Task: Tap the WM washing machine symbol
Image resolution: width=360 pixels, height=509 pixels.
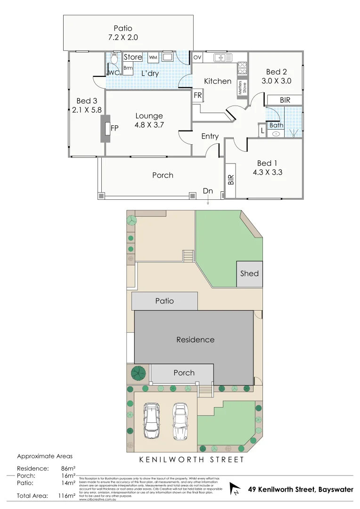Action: coord(153,57)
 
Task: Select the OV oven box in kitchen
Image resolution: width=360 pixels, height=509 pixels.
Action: coord(197,57)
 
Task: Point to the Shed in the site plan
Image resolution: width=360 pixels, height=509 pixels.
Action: coord(249,273)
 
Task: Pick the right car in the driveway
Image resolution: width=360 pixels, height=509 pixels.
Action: coord(180,420)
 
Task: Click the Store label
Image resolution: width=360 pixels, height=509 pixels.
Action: coord(133,57)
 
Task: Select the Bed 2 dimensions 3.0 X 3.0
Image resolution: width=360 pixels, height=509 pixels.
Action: coord(276,81)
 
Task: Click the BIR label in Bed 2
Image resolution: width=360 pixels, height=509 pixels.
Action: coord(285,100)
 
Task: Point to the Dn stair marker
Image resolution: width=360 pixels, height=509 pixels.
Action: coord(208,191)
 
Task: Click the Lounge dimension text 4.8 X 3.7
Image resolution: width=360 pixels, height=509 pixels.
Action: coord(149,125)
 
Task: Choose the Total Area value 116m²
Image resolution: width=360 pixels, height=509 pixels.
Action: coord(66,496)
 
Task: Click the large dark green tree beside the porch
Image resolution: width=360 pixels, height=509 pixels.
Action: coord(138,373)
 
